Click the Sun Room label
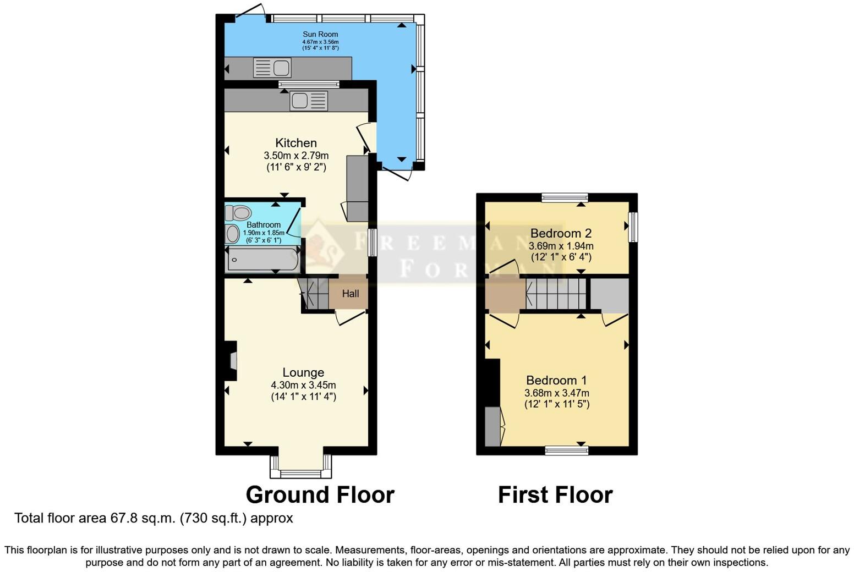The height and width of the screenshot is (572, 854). click(320, 34)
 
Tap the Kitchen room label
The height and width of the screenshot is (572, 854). click(296, 143)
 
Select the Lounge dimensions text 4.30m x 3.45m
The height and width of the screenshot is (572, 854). click(303, 385)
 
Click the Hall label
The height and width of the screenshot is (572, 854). click(351, 294)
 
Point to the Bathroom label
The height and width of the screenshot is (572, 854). click(264, 224)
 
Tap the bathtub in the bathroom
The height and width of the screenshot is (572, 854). click(262, 260)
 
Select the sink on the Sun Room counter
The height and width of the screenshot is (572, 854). click(272, 68)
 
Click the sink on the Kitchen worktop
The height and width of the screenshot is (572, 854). click(309, 101)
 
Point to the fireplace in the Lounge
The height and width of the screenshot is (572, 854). click(232, 361)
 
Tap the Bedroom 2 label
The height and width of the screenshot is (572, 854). click(561, 233)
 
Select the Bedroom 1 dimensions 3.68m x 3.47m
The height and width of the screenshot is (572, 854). click(556, 393)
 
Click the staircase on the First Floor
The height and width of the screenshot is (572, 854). click(555, 294)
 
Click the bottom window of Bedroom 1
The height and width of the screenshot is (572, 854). click(567, 451)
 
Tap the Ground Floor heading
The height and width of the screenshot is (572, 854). click(320, 495)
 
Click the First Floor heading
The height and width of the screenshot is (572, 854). click(555, 495)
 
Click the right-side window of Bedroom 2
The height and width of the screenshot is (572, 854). click(633, 227)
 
